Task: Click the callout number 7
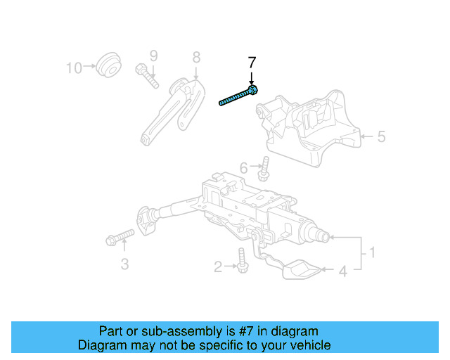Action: click(252, 63)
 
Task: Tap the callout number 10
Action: click(74, 67)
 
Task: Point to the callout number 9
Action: click(153, 56)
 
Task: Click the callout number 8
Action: click(196, 56)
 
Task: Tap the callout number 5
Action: click(381, 136)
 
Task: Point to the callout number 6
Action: click(243, 168)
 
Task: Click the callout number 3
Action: click(124, 264)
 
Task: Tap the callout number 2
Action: click(218, 266)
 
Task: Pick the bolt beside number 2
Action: click(242, 262)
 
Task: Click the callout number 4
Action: click(343, 270)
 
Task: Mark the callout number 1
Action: click(373, 252)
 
